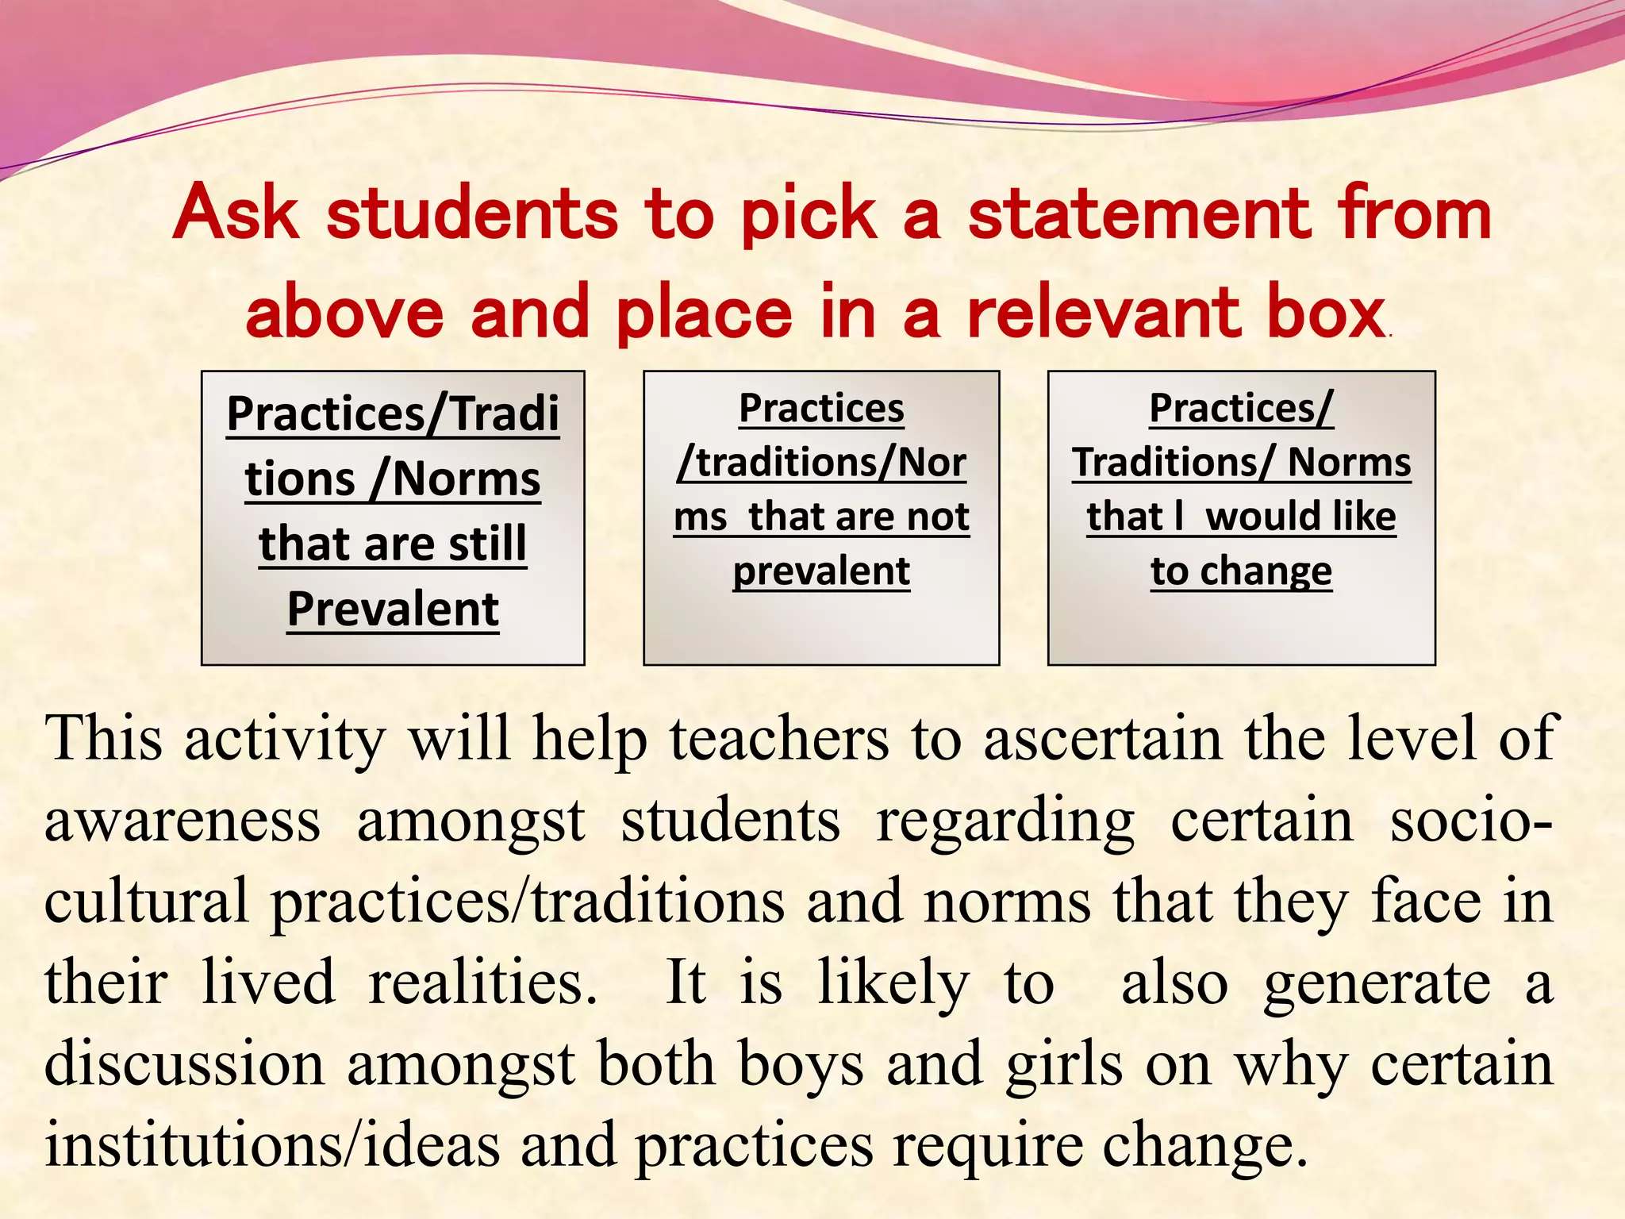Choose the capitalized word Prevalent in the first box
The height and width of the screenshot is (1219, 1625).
point(393,609)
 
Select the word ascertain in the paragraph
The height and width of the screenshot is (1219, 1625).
point(1103,738)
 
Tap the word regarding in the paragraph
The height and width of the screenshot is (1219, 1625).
point(1005,821)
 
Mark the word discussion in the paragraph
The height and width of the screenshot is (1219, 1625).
point(184,1063)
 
